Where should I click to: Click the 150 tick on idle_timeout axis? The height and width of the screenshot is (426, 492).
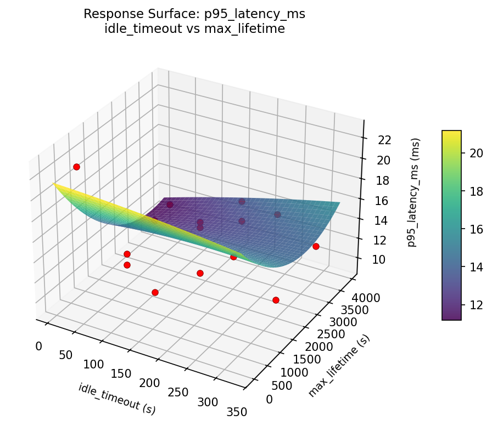[x=121, y=374]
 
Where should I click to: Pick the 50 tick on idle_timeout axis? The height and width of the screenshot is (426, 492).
[x=65, y=355]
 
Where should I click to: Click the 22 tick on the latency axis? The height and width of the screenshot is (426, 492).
[x=384, y=140]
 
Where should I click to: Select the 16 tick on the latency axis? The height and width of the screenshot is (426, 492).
[x=384, y=201]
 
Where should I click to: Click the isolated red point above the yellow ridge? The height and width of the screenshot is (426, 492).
[x=76, y=167]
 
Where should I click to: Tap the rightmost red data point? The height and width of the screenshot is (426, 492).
[x=316, y=246]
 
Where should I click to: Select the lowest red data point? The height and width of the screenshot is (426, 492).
[x=276, y=300]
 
